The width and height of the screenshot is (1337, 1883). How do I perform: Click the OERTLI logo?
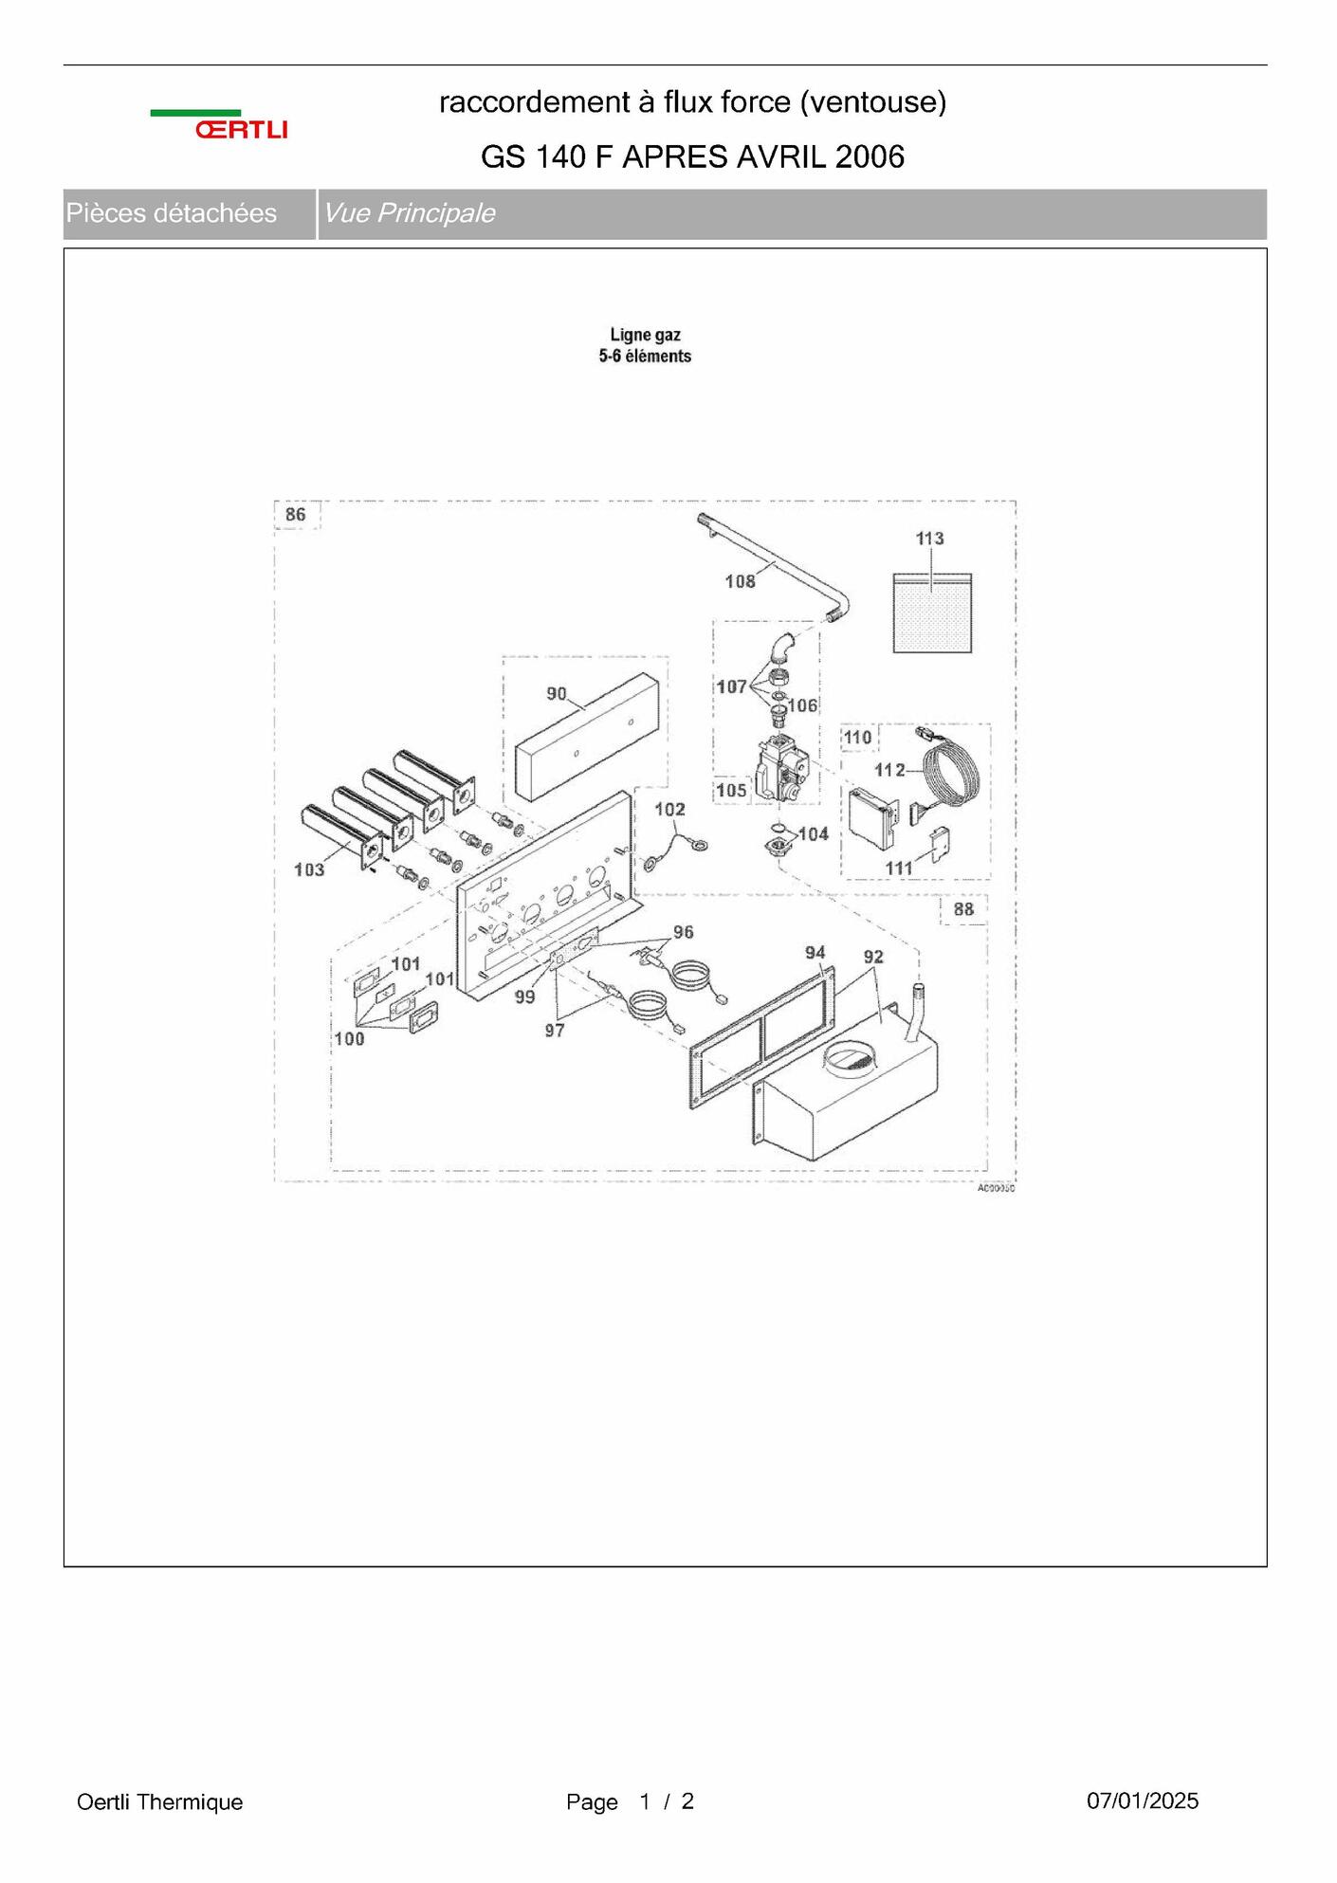pos(219,125)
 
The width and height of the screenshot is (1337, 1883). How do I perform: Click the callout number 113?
pos(929,539)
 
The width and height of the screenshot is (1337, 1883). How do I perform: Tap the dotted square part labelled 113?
pos(932,612)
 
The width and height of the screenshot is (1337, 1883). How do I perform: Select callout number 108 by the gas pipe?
pos(740,581)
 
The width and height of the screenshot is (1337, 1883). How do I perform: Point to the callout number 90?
pos(557,694)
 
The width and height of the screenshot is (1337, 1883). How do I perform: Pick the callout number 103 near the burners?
pos(309,869)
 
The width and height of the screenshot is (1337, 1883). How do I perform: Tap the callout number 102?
pos(669,809)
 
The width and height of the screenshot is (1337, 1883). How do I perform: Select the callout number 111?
pos(898,868)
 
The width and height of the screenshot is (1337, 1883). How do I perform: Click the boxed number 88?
pos(963,909)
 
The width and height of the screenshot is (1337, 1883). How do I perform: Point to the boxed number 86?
pos(296,514)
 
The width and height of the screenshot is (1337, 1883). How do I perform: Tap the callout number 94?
pos(815,952)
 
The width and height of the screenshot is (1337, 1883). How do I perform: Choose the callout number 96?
pos(684,932)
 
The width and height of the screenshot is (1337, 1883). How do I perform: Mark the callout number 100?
pos(349,1039)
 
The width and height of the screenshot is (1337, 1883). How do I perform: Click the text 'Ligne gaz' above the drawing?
pos(646,335)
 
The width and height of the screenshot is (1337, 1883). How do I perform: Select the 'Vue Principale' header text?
pos(410,213)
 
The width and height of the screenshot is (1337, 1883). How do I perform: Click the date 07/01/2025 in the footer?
pos(1143,1801)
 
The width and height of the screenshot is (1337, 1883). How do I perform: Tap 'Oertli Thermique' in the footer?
pos(160,1801)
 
